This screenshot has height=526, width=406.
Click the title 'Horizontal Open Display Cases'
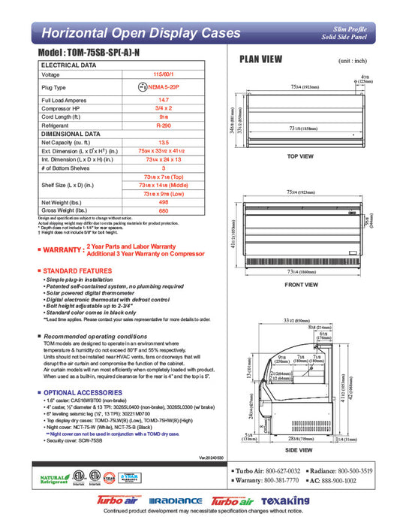pyautogui.click(x=140, y=33)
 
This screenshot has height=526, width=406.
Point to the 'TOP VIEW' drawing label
pyautogui.click(x=300, y=156)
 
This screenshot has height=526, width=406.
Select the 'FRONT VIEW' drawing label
pyautogui.click(x=300, y=285)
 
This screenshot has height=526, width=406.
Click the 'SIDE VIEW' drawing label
pyautogui.click(x=300, y=449)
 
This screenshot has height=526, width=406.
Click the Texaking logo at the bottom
pyautogui.click(x=284, y=501)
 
